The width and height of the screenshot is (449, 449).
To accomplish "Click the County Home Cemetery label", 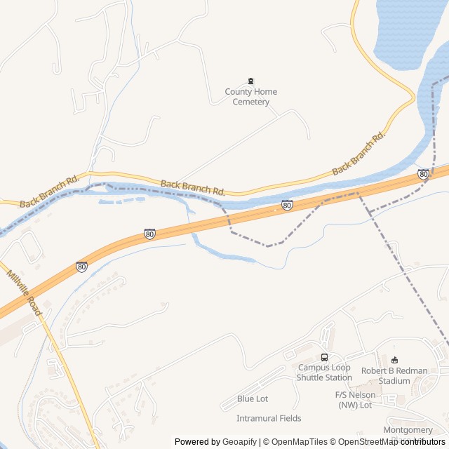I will click(250, 97).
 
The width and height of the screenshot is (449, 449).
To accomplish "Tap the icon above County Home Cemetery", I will click(251, 81).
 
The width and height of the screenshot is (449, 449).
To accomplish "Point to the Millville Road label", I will click(25, 293).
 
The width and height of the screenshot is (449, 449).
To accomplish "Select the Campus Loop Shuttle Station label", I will click(324, 372).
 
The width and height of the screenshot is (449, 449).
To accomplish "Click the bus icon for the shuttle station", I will click(324, 357).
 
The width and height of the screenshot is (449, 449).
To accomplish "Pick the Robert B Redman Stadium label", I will click(394, 375).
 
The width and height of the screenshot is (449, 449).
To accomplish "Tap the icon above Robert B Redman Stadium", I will click(394, 361).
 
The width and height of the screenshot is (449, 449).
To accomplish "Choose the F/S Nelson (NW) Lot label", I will click(355, 400).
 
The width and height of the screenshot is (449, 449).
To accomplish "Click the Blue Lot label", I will click(253, 398).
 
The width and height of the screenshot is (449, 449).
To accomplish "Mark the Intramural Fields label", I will click(269, 418).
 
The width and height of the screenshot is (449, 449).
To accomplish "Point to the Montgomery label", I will click(408, 430).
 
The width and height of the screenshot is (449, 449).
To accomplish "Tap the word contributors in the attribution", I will click(423, 441).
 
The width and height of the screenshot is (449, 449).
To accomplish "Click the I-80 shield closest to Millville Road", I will click(82, 267).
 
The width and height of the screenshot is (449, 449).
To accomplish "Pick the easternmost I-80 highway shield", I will click(423, 174).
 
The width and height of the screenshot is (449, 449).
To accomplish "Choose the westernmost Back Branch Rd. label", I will click(50, 192).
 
